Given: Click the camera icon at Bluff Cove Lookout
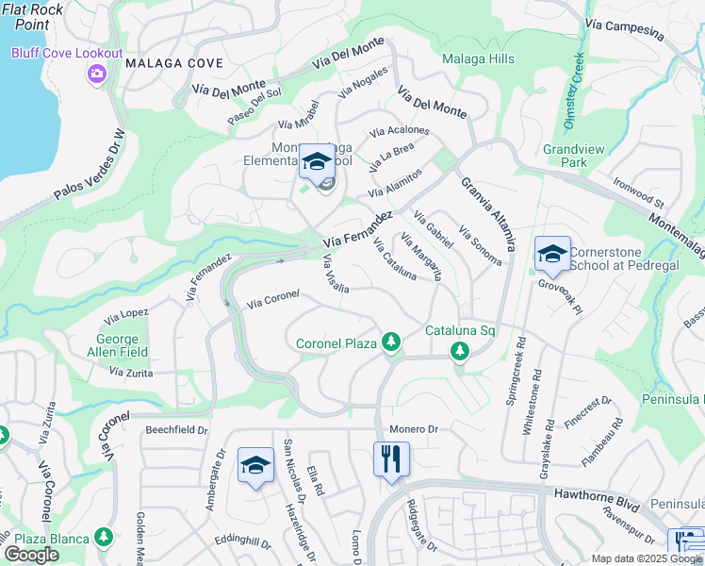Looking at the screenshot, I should click(x=96, y=74).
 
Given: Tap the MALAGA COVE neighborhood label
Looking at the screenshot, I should click(x=174, y=63).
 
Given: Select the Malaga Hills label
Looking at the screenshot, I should click(x=479, y=58).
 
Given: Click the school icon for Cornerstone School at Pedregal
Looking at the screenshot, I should click(x=552, y=253).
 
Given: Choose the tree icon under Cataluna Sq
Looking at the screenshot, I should click(x=460, y=352).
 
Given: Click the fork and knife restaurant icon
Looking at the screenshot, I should click(x=390, y=459).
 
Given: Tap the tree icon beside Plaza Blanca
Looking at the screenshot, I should click(x=104, y=538).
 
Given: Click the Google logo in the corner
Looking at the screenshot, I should click(x=31, y=555).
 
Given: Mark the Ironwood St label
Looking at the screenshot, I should click(x=638, y=191).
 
